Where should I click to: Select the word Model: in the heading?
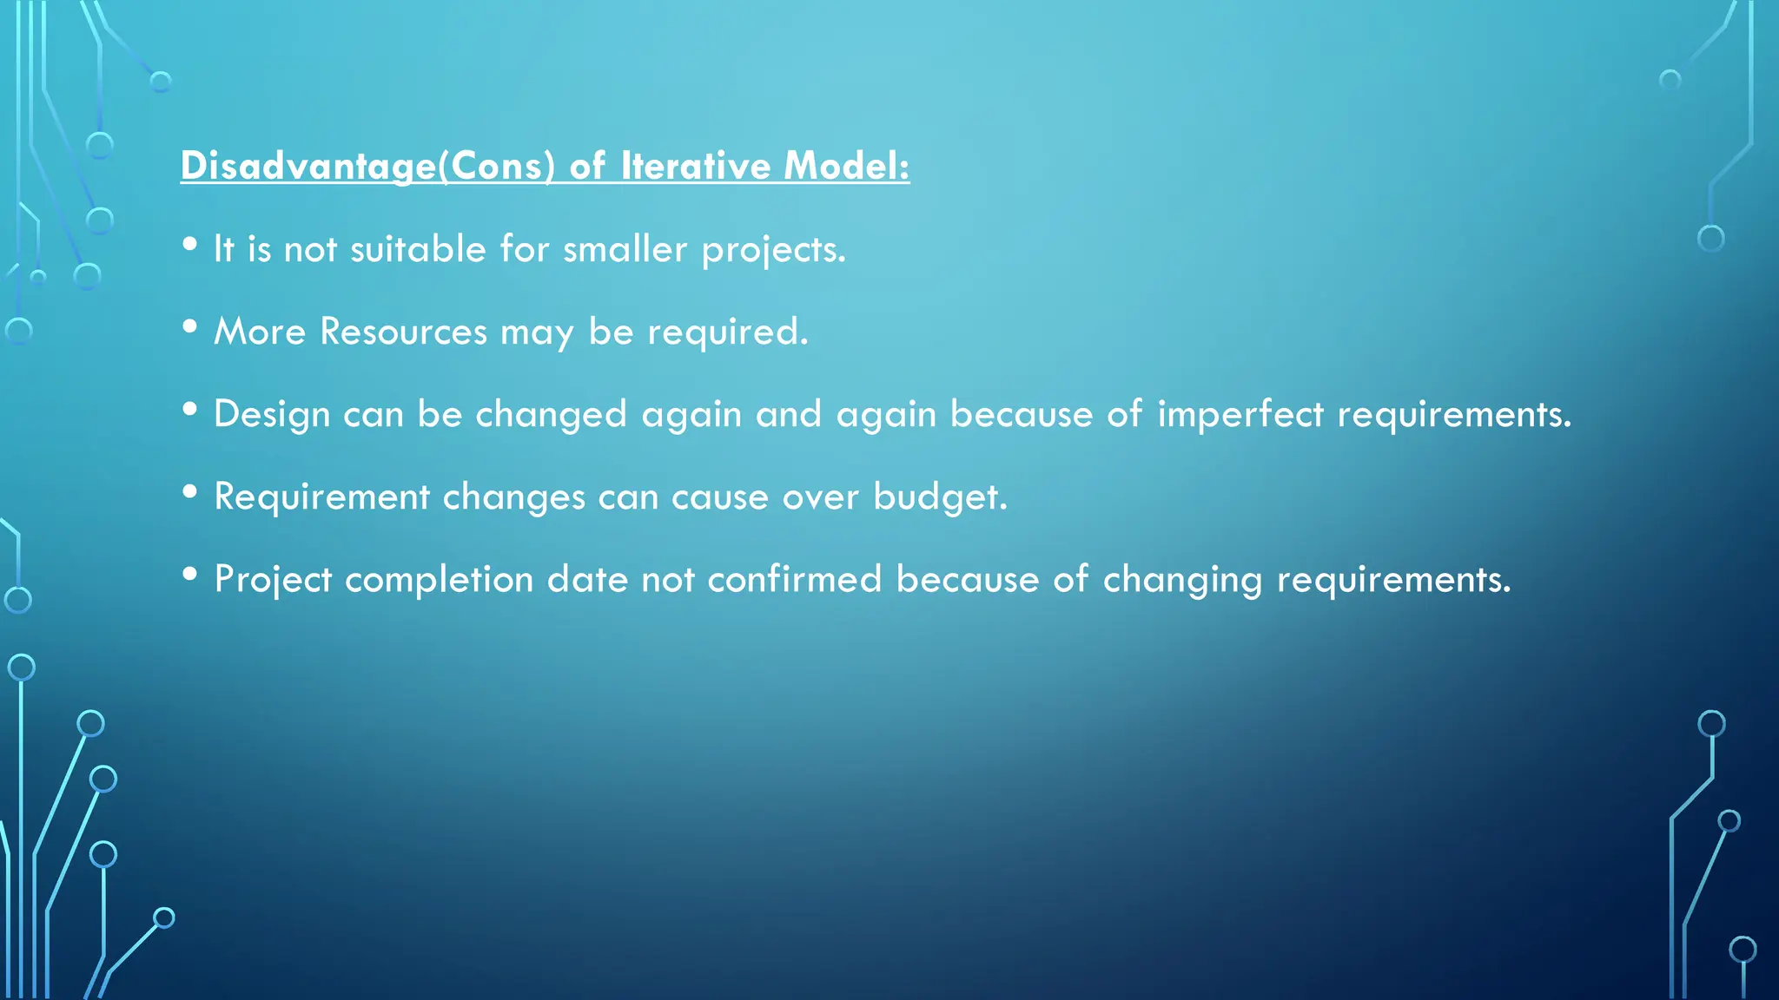pyautogui.click(x=846, y=166)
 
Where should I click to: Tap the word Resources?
pyautogui.click(x=403, y=332)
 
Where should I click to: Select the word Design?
pyautogui.click(x=272, y=415)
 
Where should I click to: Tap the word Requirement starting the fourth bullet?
pyautogui.click(x=321, y=497)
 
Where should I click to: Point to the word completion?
pyautogui.click(x=439, y=580)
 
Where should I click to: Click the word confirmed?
pyautogui.click(x=794, y=579)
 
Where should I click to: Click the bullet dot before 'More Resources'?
pyautogui.click(x=190, y=327)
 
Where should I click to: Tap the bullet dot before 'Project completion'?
pyautogui.click(x=190, y=575)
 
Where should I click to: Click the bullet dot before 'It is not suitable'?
pyautogui.click(x=190, y=245)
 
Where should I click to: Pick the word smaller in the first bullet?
pyautogui.click(x=625, y=250)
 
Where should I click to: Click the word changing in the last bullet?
pyautogui.click(x=1181, y=580)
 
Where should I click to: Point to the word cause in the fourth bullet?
pyautogui.click(x=719, y=497)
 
